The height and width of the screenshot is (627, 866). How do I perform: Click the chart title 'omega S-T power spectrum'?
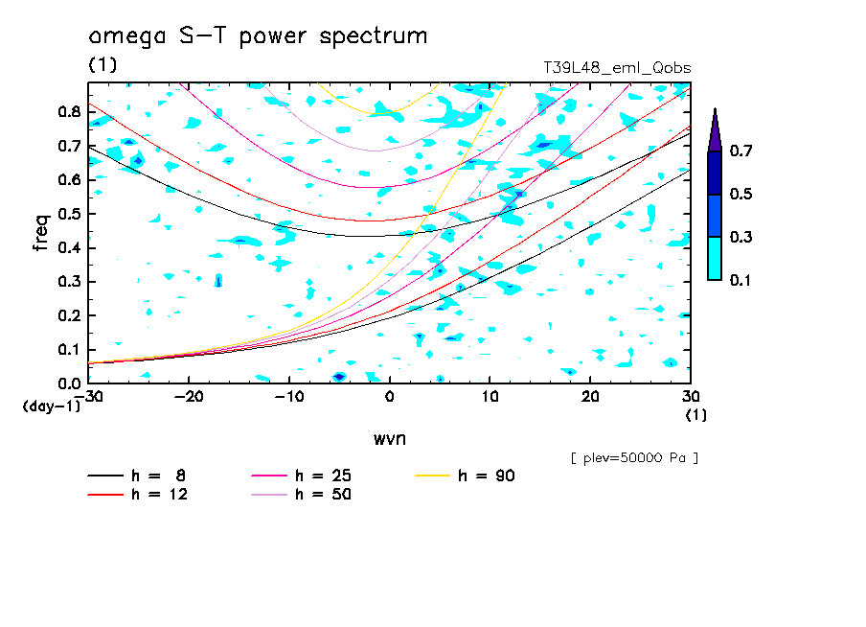258,36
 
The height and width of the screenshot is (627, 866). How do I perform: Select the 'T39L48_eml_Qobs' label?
617,67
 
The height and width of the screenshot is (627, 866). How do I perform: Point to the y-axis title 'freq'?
41,232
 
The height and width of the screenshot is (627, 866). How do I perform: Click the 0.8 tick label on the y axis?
68,111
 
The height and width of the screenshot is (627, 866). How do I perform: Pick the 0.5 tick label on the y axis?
68,214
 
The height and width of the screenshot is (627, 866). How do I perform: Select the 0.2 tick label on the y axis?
68,315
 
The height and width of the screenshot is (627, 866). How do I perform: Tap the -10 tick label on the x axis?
288,397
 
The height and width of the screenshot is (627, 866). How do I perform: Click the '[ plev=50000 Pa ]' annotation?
634,458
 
